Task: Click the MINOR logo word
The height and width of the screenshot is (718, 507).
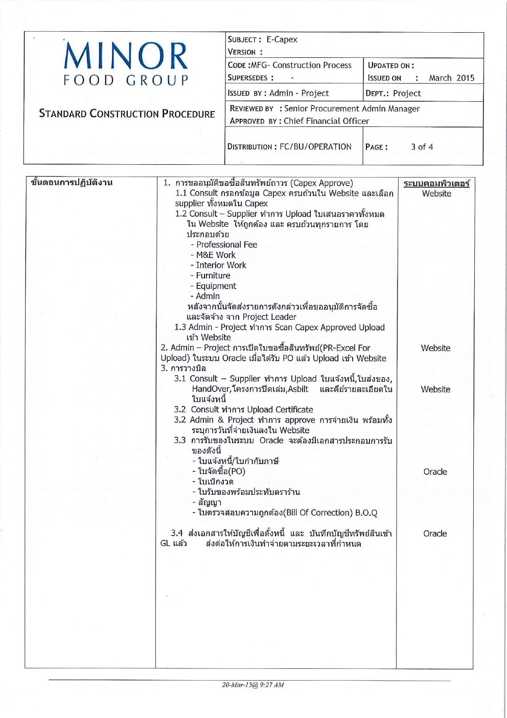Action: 126,56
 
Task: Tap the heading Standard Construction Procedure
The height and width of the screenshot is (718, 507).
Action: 127,114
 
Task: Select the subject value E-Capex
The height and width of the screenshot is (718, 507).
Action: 282,39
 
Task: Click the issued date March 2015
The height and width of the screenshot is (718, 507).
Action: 451,78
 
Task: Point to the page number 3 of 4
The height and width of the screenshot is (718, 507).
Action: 422,147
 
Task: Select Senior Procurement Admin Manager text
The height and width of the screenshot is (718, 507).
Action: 352,108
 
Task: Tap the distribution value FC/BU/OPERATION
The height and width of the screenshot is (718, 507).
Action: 315,147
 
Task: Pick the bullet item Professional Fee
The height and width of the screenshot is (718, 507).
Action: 226,245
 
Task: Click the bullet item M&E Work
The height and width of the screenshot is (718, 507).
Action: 216,255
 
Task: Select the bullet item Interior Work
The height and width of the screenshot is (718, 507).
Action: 221,265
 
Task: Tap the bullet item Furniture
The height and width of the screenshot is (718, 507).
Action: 213,275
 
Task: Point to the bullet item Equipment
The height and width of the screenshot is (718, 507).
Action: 216,286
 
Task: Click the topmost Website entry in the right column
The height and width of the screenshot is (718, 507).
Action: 436,193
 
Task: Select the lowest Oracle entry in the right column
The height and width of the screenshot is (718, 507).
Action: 435,533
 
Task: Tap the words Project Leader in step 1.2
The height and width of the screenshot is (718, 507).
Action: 269,317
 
